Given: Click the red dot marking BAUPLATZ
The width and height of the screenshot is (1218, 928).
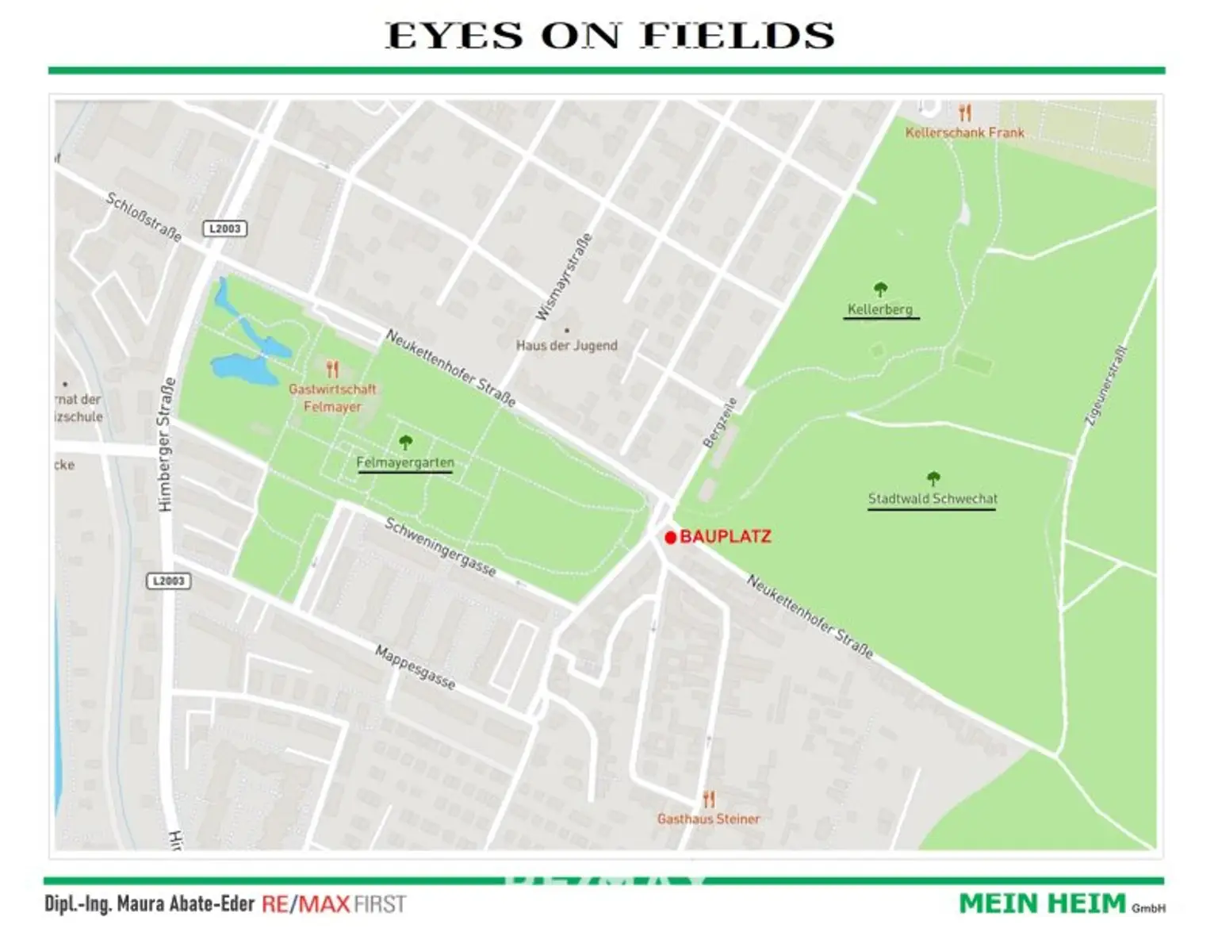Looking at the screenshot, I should coord(670,538).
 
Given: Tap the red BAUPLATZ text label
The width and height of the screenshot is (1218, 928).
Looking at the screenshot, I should coord(725,537).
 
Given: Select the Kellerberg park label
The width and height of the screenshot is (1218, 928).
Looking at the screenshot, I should coord(880,309).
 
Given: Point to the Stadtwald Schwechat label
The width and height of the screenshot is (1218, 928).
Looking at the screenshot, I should coord(933,499).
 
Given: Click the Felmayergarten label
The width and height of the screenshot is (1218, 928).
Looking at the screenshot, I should coord(405,462).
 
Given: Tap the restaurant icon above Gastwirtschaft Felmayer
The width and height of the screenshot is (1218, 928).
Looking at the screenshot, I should coord(332,369).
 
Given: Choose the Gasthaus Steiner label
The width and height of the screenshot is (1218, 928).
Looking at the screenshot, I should coord(708,819).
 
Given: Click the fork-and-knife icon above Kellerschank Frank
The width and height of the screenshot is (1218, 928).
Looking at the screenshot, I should coord(964,113).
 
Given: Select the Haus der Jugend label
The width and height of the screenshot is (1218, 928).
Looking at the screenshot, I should coord(566,345).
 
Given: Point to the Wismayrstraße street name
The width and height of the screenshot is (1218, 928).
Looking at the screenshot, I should coord(564,277).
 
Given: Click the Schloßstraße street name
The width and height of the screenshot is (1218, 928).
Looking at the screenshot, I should coord(144,217).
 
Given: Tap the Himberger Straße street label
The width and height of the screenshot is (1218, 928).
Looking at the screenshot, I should coord(165,444).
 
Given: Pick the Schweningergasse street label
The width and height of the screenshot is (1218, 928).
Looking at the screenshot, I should coord(440,547).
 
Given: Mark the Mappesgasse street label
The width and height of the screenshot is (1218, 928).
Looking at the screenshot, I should coord(416,667).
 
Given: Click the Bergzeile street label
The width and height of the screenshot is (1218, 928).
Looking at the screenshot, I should coord(720,423).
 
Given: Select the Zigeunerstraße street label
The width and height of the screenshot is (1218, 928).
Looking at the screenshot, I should coord(1105,387).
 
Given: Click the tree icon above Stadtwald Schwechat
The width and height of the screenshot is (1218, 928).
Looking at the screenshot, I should coord(933,478).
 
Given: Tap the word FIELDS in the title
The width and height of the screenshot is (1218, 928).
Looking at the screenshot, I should coord(737,36).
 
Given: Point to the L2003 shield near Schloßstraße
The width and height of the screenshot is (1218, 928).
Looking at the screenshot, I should coord(225,228).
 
